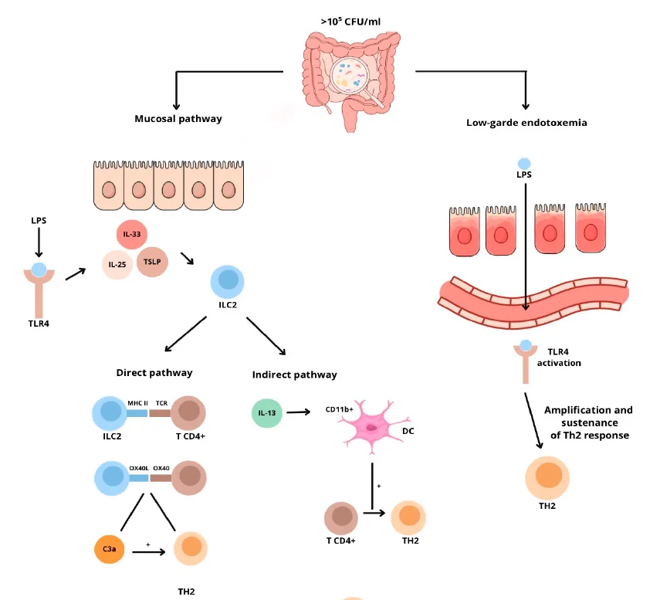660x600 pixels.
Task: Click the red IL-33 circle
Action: (132, 234)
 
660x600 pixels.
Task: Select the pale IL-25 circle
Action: (117, 264)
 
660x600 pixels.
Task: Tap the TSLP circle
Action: (152, 262)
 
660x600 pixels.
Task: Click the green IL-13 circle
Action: (267, 413)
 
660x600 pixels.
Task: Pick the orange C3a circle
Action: (110, 549)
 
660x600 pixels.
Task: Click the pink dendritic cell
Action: (371, 426)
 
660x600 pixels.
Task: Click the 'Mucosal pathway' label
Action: (178, 119)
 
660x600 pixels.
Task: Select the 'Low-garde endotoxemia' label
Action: (526, 123)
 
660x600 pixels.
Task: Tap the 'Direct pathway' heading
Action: (154, 373)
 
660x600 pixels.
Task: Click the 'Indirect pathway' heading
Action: (295, 375)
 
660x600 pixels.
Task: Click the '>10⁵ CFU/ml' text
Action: (350, 22)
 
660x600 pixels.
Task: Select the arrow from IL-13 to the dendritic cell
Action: (299, 412)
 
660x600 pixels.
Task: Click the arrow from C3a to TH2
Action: (149, 551)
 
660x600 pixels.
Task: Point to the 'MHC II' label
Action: (138, 403)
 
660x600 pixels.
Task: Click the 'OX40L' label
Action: (139, 468)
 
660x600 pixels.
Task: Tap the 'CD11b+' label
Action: (339, 409)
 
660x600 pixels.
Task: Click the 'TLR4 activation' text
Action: (559, 357)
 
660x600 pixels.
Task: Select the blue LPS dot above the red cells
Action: (524, 164)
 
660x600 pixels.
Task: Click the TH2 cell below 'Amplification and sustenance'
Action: (547, 477)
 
